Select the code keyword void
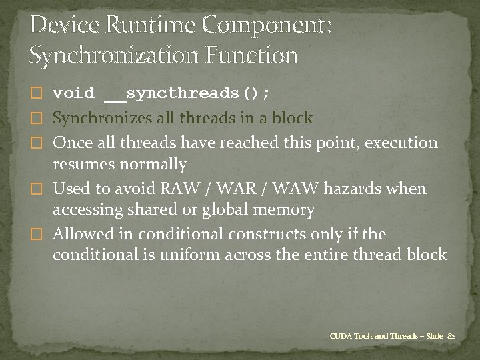(x=73, y=94)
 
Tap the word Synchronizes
(x=99, y=119)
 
